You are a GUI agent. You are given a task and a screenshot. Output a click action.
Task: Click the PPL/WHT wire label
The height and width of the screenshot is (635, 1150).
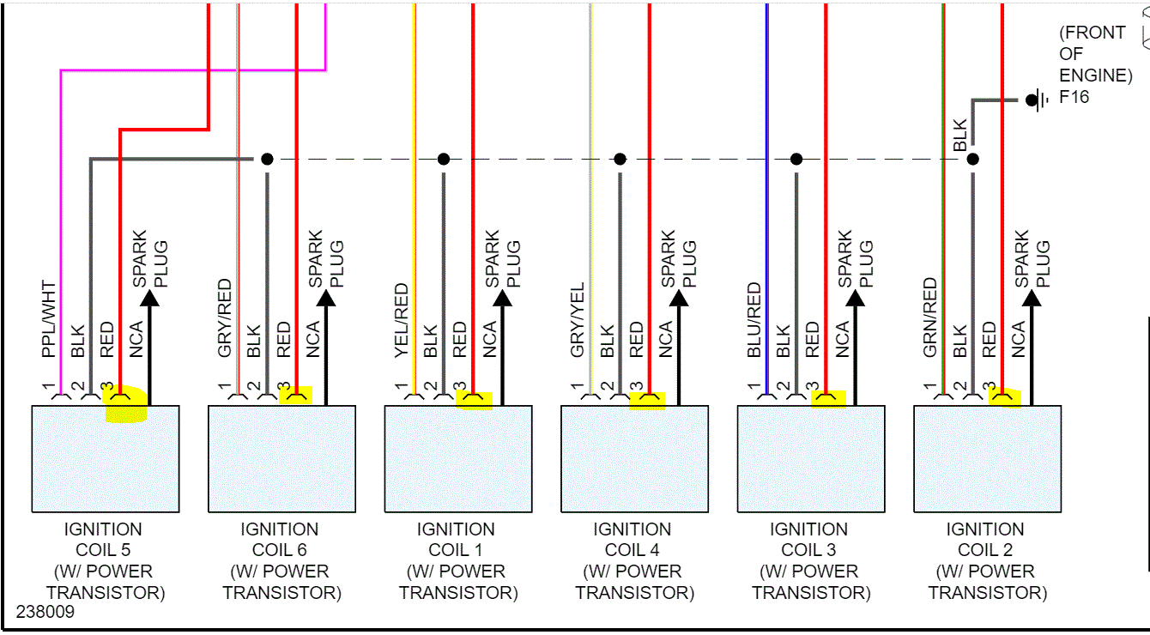(48, 319)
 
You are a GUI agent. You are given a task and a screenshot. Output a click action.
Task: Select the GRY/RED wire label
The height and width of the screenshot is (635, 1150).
(225, 318)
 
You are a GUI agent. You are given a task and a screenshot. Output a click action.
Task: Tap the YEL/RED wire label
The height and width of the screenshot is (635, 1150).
(402, 320)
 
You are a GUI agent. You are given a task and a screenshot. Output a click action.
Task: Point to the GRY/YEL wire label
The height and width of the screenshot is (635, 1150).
(578, 320)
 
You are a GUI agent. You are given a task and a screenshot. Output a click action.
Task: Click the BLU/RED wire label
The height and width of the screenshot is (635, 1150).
(754, 320)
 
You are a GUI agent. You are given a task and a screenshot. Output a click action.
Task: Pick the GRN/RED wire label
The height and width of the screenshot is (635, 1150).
(930, 318)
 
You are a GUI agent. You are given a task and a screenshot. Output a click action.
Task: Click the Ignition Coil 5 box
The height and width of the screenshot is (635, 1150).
(106, 459)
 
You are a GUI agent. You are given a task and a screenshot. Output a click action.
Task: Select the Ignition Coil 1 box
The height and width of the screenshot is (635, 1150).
(458, 459)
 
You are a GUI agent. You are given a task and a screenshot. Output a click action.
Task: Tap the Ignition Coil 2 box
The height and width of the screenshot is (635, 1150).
(987, 459)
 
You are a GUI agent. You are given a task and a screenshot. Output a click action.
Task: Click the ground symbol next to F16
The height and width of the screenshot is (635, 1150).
(1038, 100)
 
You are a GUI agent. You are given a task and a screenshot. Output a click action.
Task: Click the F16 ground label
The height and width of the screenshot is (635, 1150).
(1074, 97)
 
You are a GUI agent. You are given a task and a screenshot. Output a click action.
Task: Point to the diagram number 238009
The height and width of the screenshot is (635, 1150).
(45, 613)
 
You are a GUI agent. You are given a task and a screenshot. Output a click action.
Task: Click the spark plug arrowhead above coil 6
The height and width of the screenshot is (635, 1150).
(326, 298)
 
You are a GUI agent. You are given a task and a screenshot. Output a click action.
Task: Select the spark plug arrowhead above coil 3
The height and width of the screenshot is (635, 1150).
(856, 298)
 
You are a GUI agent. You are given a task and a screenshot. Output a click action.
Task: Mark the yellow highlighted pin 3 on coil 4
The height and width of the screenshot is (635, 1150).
(648, 400)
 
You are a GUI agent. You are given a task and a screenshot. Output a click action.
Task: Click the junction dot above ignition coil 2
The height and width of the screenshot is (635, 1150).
(972, 159)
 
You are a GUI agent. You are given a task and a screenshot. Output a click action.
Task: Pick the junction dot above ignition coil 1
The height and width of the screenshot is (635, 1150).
(444, 159)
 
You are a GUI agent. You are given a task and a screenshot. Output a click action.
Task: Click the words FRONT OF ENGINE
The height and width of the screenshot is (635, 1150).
(1095, 54)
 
